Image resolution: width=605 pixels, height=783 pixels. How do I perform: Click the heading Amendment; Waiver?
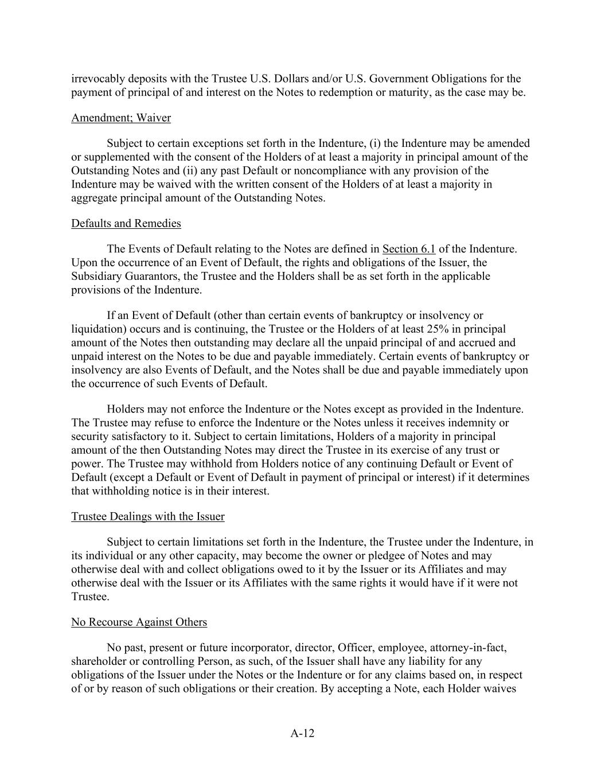click(x=121, y=118)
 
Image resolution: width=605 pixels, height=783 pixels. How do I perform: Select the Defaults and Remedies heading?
click(x=126, y=224)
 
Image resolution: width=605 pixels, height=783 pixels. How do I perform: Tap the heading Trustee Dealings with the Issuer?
click(x=148, y=517)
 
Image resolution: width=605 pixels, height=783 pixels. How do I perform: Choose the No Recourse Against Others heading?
click(x=139, y=622)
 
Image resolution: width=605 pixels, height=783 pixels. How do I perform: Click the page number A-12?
click(x=302, y=734)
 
